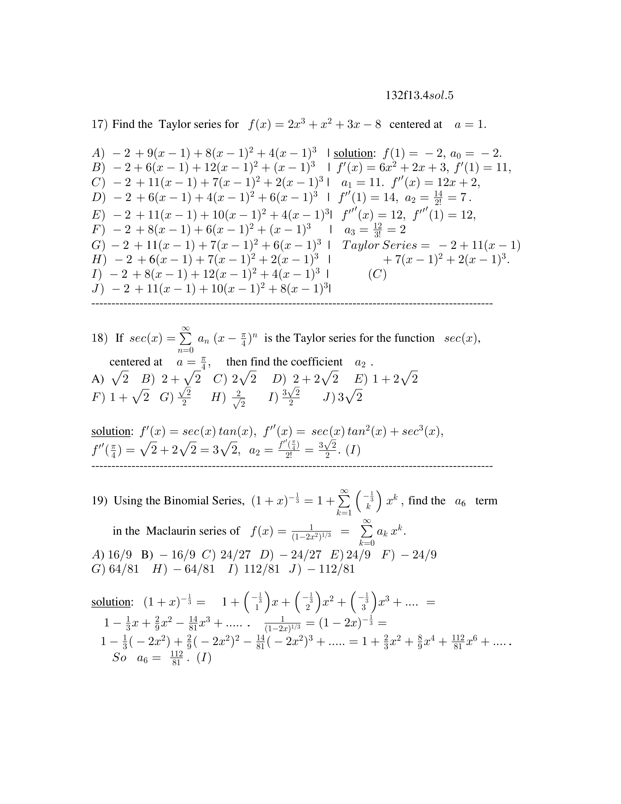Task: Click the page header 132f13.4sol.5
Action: click(x=419, y=96)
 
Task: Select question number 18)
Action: click(x=99, y=338)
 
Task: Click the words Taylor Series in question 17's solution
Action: click(x=379, y=245)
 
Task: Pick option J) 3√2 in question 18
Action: click(x=343, y=397)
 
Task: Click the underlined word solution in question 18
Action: click(x=110, y=431)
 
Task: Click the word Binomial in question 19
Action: click(x=187, y=501)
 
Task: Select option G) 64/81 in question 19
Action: click(x=115, y=569)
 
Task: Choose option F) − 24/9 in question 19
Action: click(x=409, y=554)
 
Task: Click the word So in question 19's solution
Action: click(x=119, y=658)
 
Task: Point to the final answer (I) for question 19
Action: click(x=204, y=658)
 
